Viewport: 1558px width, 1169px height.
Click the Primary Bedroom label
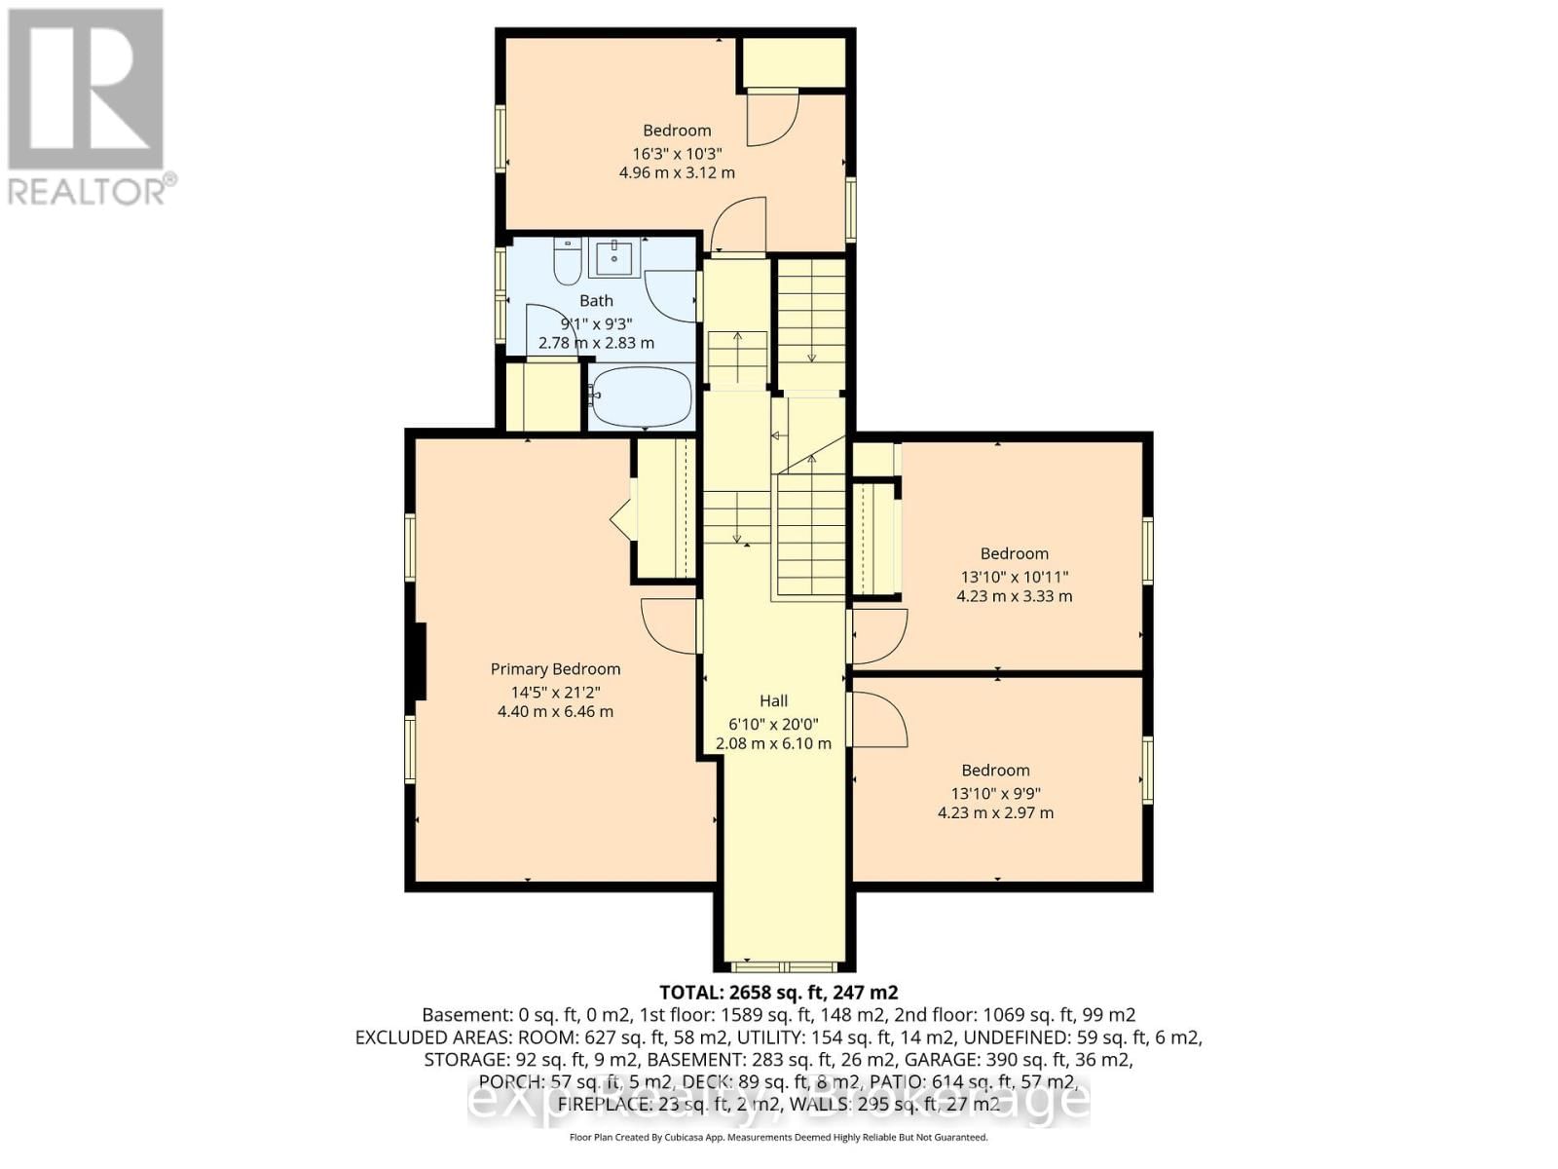[555, 669]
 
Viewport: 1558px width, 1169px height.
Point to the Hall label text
[773, 700]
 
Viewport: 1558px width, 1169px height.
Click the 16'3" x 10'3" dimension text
[677, 153]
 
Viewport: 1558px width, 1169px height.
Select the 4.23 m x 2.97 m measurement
[995, 812]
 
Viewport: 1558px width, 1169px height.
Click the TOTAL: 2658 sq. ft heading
[778, 993]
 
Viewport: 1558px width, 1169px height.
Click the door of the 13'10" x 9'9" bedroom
[879, 721]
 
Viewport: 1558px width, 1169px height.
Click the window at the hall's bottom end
[785, 967]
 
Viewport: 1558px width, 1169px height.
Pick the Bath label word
[596, 301]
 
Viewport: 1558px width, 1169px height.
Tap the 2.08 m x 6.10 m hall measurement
[773, 743]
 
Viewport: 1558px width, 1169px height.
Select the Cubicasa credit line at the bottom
[778, 1137]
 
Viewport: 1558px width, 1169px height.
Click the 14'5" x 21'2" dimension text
[555, 693]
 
